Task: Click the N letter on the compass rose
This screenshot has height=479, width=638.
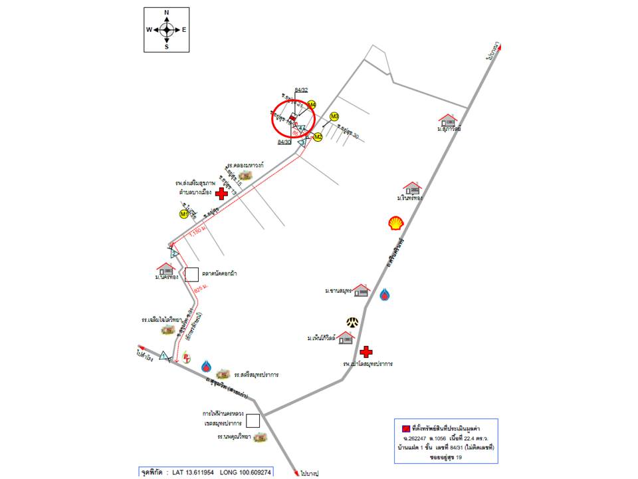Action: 166,13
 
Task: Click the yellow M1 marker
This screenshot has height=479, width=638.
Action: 184,214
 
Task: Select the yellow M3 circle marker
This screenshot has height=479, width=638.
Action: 334,116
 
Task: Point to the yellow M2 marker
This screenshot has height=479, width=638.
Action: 318,137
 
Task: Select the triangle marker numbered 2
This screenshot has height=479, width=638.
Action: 174,253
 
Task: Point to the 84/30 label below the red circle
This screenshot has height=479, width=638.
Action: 284,142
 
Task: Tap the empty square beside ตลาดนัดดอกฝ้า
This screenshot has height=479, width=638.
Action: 191,274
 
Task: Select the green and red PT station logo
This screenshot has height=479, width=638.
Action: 187,359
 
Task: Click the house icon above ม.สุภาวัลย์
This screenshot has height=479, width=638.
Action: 448,120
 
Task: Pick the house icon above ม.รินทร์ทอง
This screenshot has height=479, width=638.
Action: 412,188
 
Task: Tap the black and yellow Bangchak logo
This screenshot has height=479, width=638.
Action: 352,322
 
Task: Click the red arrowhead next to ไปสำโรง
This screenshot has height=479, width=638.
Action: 141,348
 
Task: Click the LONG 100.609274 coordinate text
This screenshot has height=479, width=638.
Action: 239,472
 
